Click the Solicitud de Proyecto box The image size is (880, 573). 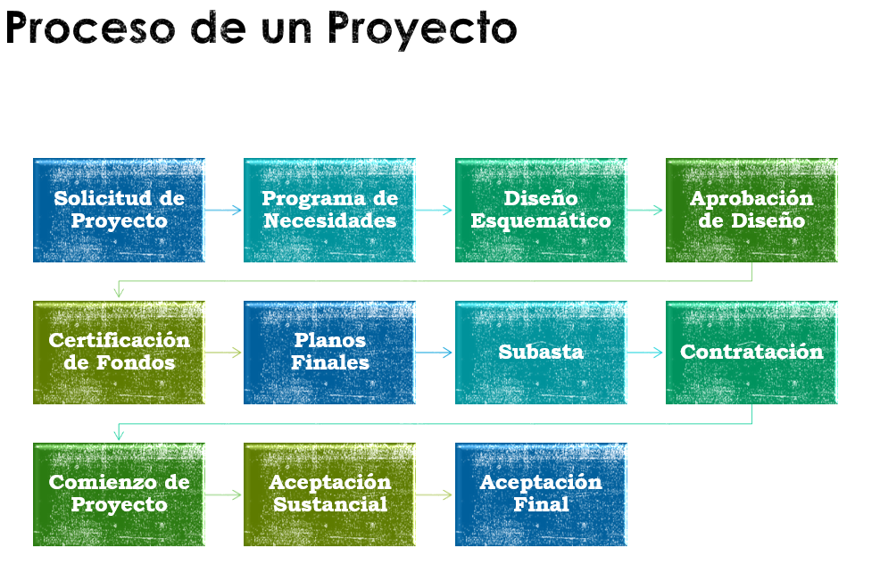coord(119,210)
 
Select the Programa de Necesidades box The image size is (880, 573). coord(329,210)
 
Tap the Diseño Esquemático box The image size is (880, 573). coord(541,210)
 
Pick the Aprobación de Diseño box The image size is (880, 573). coord(751,210)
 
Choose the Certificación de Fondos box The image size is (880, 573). coord(119,353)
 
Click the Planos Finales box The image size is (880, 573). coord(329,353)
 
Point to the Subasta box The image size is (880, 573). coord(541,353)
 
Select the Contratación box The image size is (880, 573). coord(751,353)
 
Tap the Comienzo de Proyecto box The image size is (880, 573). coord(119,494)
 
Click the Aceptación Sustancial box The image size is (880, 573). coord(329,494)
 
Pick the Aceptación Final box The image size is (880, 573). coord(541,494)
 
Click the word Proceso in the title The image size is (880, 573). coord(90,28)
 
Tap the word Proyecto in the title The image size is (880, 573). coord(422,30)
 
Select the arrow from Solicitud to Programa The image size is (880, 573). coord(223,210)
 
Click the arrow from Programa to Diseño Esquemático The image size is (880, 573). coord(434,210)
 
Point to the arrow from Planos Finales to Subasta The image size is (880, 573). coord(434,353)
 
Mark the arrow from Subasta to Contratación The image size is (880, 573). coord(645,353)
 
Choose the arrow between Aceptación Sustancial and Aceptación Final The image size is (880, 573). coord(434,494)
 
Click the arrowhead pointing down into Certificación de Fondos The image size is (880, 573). coord(119,293)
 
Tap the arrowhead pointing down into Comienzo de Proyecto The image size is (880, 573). coord(119,435)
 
